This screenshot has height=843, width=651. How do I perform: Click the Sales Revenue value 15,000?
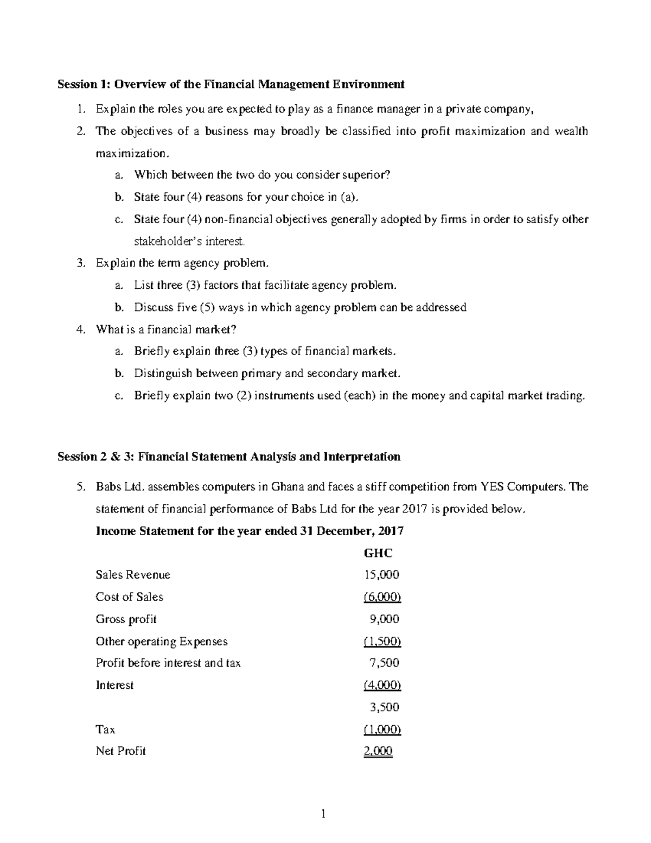[382, 575]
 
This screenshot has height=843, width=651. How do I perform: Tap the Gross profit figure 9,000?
[384, 619]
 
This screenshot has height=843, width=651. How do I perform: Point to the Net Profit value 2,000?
[378, 751]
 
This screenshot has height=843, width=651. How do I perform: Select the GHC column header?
[378, 553]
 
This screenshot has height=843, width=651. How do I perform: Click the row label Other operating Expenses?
[161, 642]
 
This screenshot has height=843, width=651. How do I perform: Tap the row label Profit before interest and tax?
[168, 663]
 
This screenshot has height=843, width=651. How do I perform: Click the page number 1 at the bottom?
[324, 814]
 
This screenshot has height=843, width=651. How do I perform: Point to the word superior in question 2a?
[369, 175]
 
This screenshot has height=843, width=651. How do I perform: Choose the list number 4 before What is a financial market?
[80, 329]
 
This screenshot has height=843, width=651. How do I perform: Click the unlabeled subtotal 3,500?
[384, 707]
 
